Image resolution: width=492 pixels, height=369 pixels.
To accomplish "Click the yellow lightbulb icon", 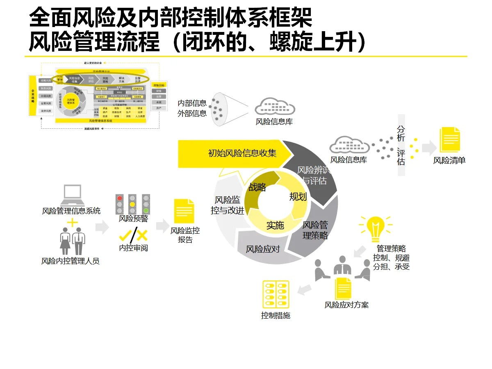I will click(375, 228).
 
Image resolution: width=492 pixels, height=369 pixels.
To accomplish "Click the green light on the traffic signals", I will click(146, 211).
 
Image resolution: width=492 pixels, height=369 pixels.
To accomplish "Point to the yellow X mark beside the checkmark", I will click(142, 235).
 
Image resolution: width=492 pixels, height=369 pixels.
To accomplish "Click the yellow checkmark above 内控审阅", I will click(126, 235).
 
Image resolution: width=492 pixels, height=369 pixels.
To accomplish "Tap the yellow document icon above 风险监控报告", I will click(184, 211).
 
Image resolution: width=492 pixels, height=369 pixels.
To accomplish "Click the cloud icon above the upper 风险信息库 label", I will click(275, 107).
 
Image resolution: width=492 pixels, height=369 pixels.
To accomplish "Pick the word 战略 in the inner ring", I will click(257, 187).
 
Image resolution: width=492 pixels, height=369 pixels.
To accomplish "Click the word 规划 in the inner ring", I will click(298, 197).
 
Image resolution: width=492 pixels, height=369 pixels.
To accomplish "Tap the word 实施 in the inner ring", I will click(275, 225).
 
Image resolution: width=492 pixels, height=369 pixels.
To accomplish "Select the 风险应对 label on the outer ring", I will click(263, 249).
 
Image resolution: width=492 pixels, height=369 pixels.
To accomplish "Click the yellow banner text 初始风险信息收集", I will click(242, 153).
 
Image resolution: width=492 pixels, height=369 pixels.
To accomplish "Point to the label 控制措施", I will click(276, 316).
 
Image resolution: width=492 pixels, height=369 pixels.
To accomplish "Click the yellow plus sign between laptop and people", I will click(72, 223).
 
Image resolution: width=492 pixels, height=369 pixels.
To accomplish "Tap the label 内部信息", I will click(192, 103).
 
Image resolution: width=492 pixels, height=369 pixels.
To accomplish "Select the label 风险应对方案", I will click(346, 305).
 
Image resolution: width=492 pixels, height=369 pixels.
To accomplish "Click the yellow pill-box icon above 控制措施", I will click(276, 294).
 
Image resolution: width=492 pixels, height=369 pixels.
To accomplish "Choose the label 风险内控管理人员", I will click(71, 261).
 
